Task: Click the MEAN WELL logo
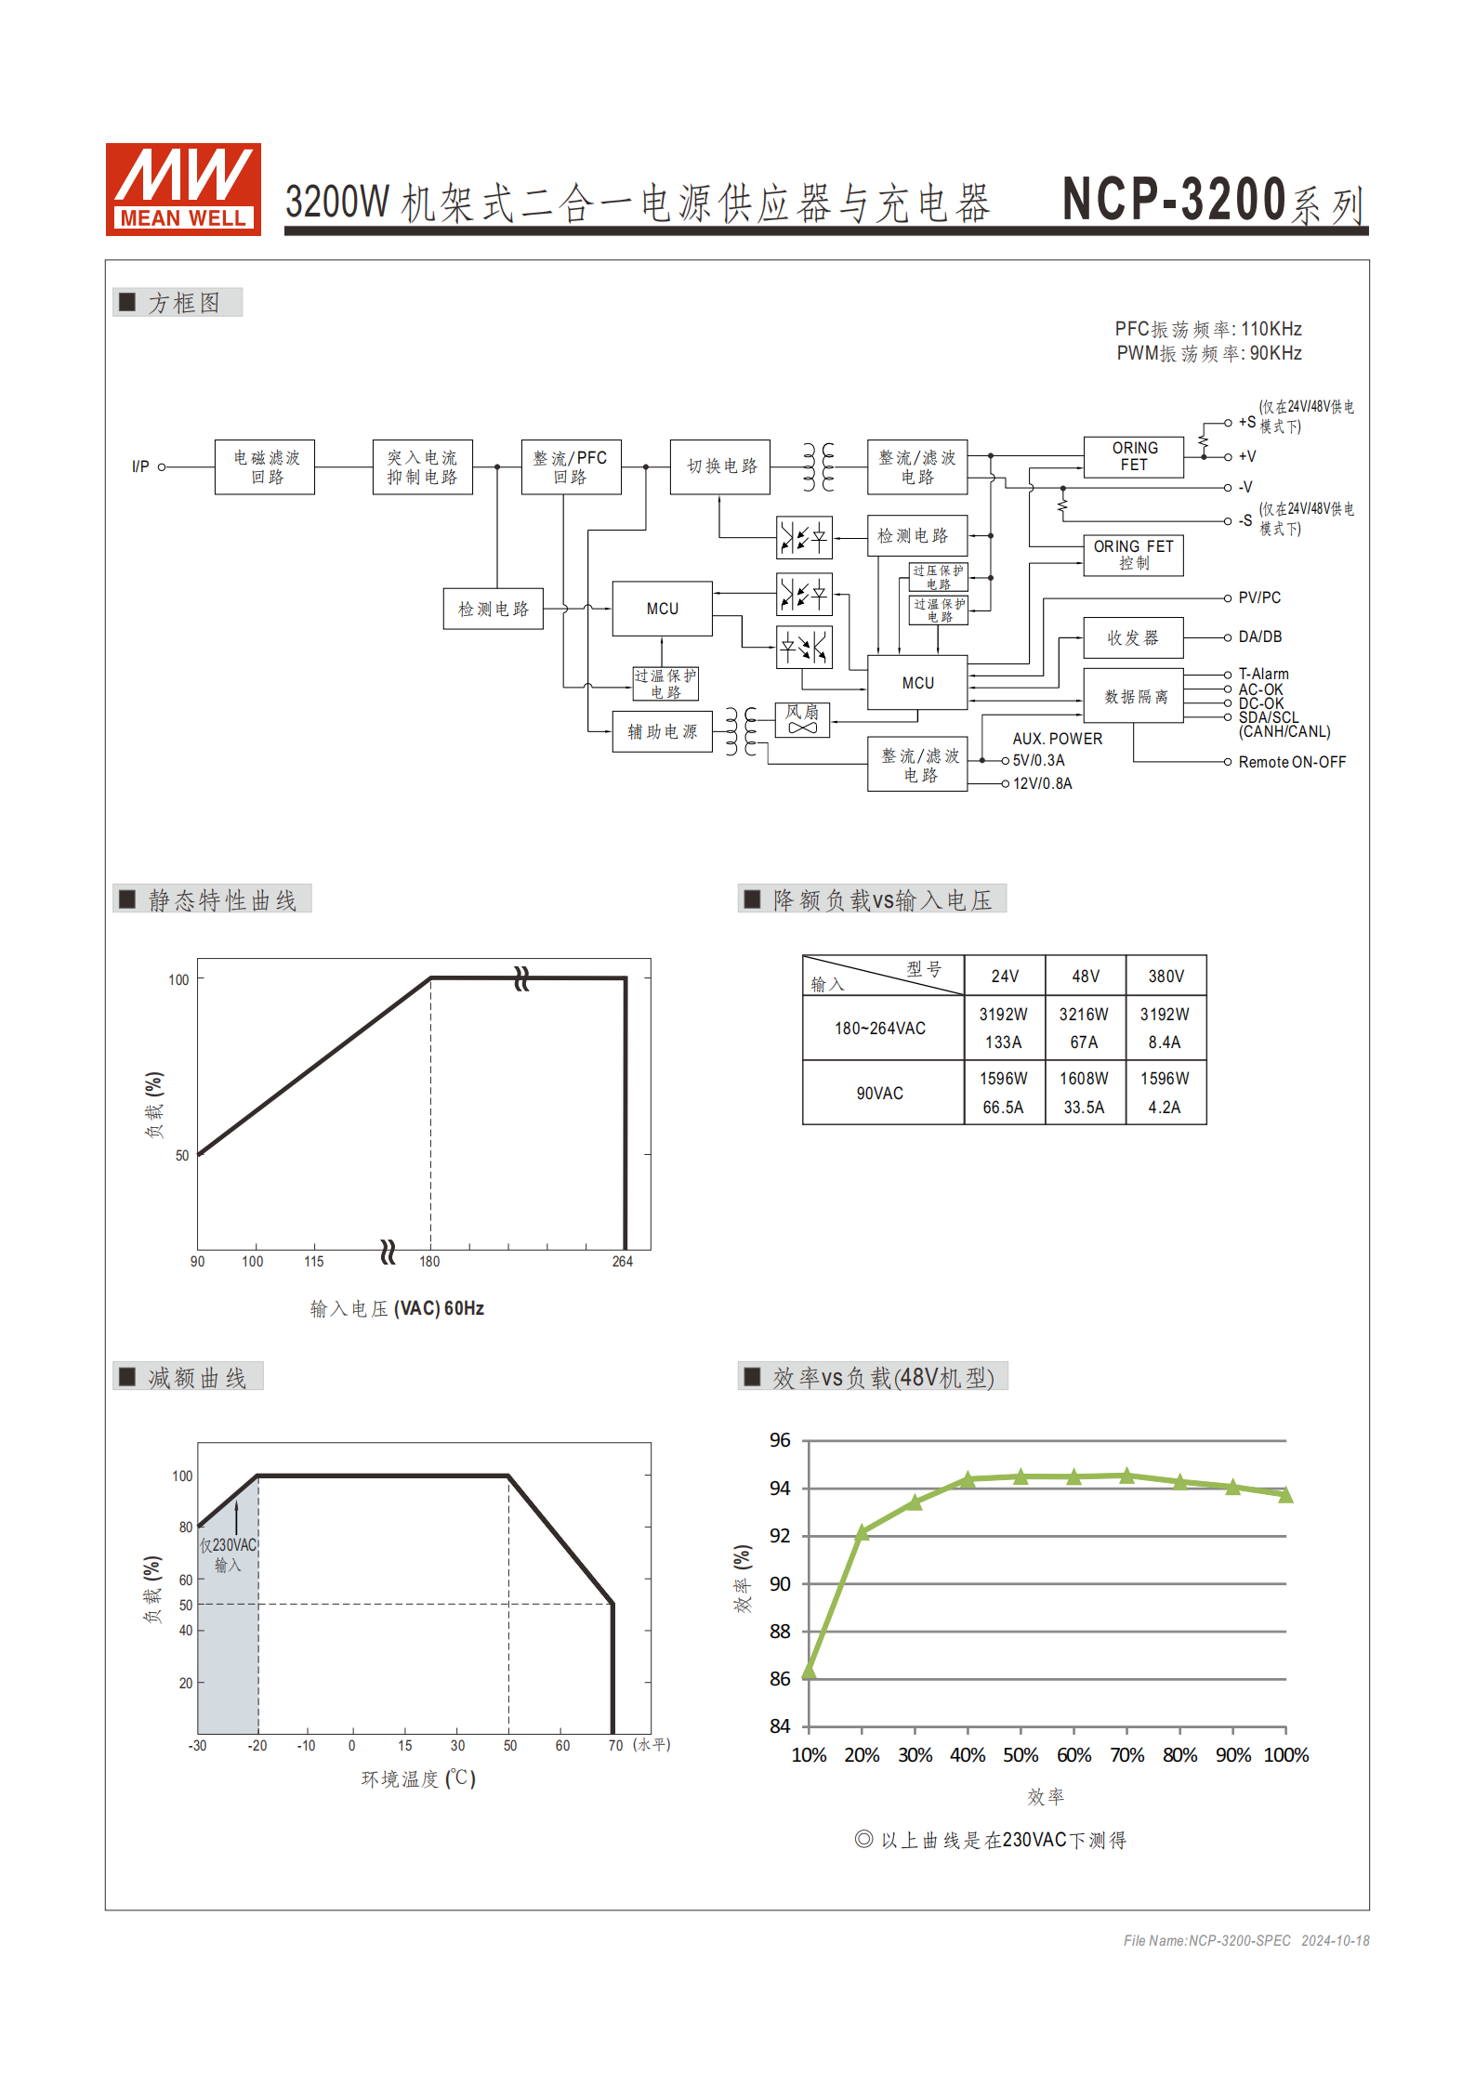183,189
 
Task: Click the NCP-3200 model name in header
1174,199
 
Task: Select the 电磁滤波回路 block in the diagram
265,467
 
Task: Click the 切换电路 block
720,466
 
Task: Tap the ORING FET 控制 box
1133,555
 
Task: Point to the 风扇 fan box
802,719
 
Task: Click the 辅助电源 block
662,732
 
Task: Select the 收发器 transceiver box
1133,638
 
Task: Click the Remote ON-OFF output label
1292,762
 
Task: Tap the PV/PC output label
1259,597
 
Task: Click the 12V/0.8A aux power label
1042,783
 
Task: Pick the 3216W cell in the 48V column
1084,1015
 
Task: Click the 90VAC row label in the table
880,1094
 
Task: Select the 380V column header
1166,977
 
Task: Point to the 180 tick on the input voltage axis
429,1262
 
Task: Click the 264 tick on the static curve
622,1262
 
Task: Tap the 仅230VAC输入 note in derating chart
228,1555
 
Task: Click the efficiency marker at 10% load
809,1673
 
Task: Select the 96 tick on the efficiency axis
780,1440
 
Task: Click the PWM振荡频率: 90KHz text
1208,353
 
